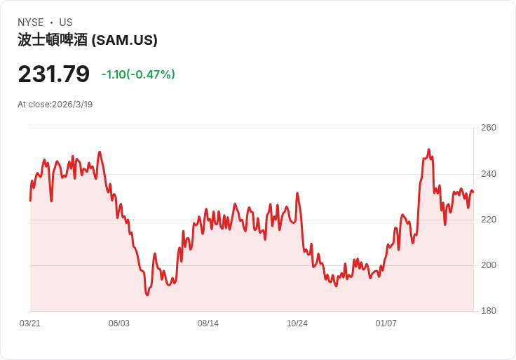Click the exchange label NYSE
click(x=31, y=22)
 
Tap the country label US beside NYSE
click(x=66, y=22)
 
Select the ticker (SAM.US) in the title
click(x=124, y=40)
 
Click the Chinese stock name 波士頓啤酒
click(x=53, y=40)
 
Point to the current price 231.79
click(x=54, y=74)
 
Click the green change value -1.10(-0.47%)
click(x=138, y=74)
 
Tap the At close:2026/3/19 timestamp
click(x=55, y=105)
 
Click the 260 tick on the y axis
click(x=489, y=128)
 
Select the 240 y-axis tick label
click(x=489, y=173)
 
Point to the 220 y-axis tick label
click(x=489, y=220)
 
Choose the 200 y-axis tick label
click(x=489, y=265)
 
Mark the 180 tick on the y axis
click(x=489, y=311)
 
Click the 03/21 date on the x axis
click(x=30, y=324)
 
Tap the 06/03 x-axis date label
click(x=119, y=324)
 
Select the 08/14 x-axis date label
click(x=208, y=324)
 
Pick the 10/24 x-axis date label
click(x=297, y=324)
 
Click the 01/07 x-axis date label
click(x=386, y=324)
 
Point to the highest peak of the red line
click(x=428, y=149)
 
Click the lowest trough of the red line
click(x=147, y=295)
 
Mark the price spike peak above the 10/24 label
click(x=297, y=194)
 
